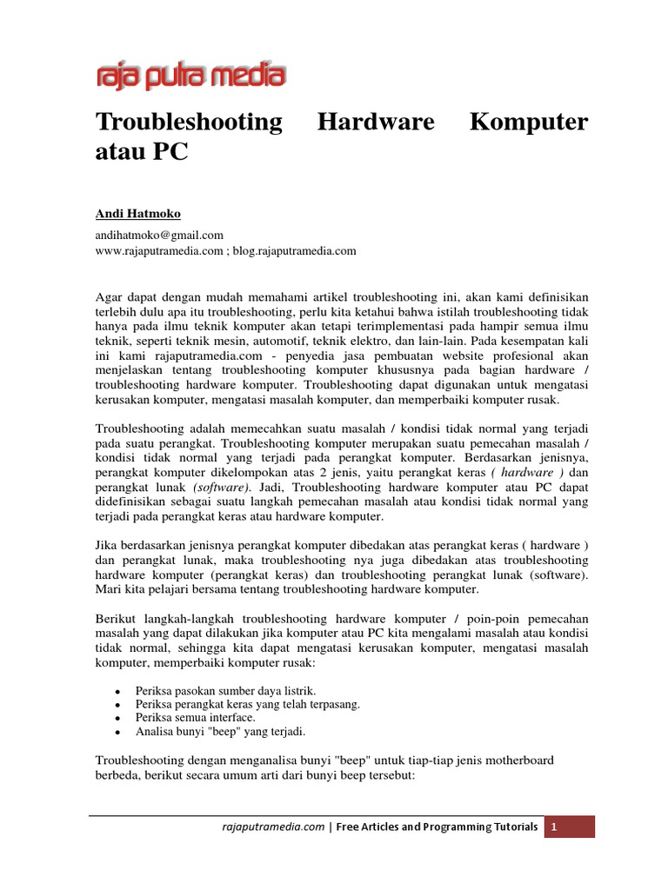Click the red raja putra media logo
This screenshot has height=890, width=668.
[190, 75]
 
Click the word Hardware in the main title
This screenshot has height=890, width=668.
[376, 122]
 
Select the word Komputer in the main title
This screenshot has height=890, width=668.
[528, 122]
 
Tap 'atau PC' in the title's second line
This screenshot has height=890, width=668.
[141, 153]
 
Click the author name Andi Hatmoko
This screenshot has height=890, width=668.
[138, 214]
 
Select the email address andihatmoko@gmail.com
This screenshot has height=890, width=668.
[159, 235]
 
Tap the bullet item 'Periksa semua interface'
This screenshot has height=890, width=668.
[196, 718]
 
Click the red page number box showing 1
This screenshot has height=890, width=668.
[570, 827]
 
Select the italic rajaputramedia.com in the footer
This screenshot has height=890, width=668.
[272, 827]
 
